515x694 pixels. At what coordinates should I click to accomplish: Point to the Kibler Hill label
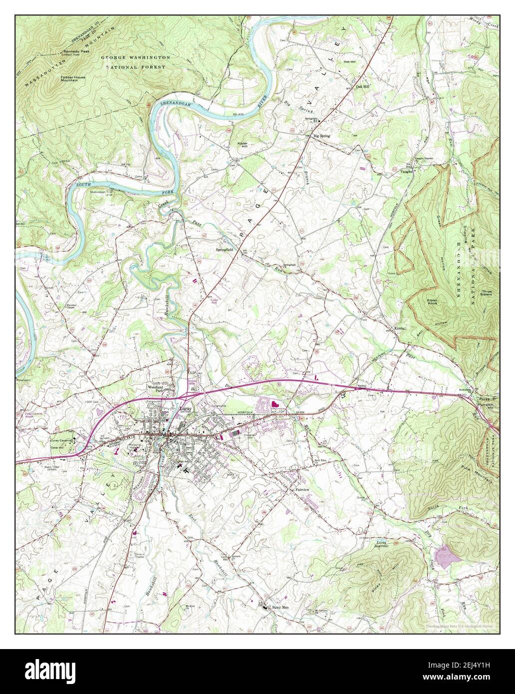click(242, 145)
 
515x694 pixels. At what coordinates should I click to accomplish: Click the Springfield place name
click(225, 248)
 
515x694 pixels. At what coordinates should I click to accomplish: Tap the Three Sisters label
click(486, 293)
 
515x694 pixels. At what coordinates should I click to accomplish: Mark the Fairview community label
click(303, 490)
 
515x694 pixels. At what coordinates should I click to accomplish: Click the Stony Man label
click(280, 607)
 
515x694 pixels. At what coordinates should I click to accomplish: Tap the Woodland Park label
click(155, 388)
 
